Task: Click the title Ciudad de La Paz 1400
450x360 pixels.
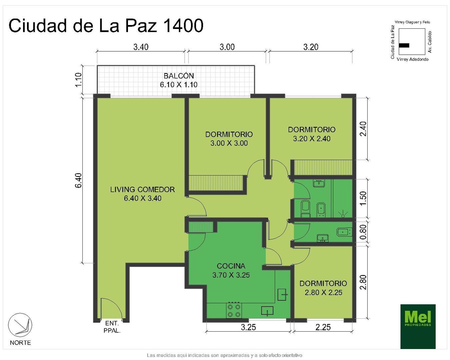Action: [106, 26]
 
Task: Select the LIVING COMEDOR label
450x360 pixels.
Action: [142, 194]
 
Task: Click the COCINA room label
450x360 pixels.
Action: [231, 270]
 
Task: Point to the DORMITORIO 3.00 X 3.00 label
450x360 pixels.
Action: [229, 139]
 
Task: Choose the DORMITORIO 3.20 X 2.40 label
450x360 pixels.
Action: [312, 134]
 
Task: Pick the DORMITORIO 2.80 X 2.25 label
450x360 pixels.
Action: [323, 288]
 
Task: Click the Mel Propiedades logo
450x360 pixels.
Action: [418, 326]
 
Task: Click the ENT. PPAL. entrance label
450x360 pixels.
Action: [112, 327]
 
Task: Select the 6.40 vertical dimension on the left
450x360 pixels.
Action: [78, 180]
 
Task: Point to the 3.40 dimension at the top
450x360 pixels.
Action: [141, 47]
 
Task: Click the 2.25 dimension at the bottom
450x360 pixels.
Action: [323, 327]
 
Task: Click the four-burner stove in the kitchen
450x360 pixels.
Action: [233, 311]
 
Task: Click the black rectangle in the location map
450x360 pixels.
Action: [404, 45]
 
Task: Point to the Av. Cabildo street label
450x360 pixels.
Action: [430, 42]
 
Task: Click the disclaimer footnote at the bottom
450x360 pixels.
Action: [224, 355]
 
